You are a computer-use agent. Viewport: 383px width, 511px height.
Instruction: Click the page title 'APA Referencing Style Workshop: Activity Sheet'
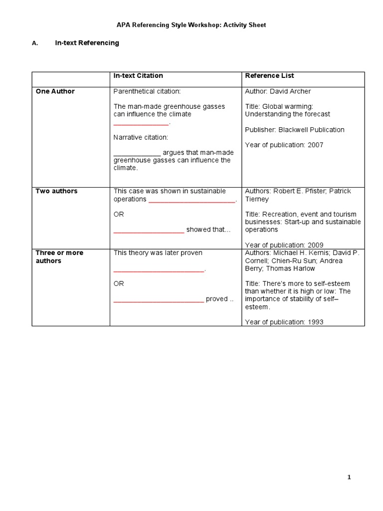point(191,25)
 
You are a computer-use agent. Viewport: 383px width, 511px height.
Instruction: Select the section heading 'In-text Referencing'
point(87,43)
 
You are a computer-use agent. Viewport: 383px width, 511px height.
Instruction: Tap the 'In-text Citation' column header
point(138,76)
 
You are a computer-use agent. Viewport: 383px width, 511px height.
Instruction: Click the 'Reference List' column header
point(269,76)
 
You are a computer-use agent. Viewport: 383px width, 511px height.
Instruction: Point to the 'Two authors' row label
point(56,191)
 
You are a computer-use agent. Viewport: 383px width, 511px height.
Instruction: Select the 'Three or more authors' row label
point(59,256)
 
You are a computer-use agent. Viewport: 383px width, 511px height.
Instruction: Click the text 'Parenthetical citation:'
point(147,91)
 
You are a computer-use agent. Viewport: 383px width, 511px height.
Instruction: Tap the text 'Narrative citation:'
point(141,137)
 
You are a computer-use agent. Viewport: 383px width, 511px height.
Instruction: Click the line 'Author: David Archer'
point(278,91)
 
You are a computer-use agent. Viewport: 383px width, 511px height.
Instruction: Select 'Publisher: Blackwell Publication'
point(294,130)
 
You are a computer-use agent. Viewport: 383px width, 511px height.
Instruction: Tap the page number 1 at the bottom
point(349,478)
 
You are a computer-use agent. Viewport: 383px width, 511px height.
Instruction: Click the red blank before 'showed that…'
point(149,231)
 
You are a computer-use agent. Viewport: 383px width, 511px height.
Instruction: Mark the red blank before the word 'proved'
point(159,300)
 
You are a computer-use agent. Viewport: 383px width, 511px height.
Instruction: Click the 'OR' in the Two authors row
point(119,215)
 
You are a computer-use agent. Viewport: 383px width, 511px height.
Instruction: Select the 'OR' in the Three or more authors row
point(119,283)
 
